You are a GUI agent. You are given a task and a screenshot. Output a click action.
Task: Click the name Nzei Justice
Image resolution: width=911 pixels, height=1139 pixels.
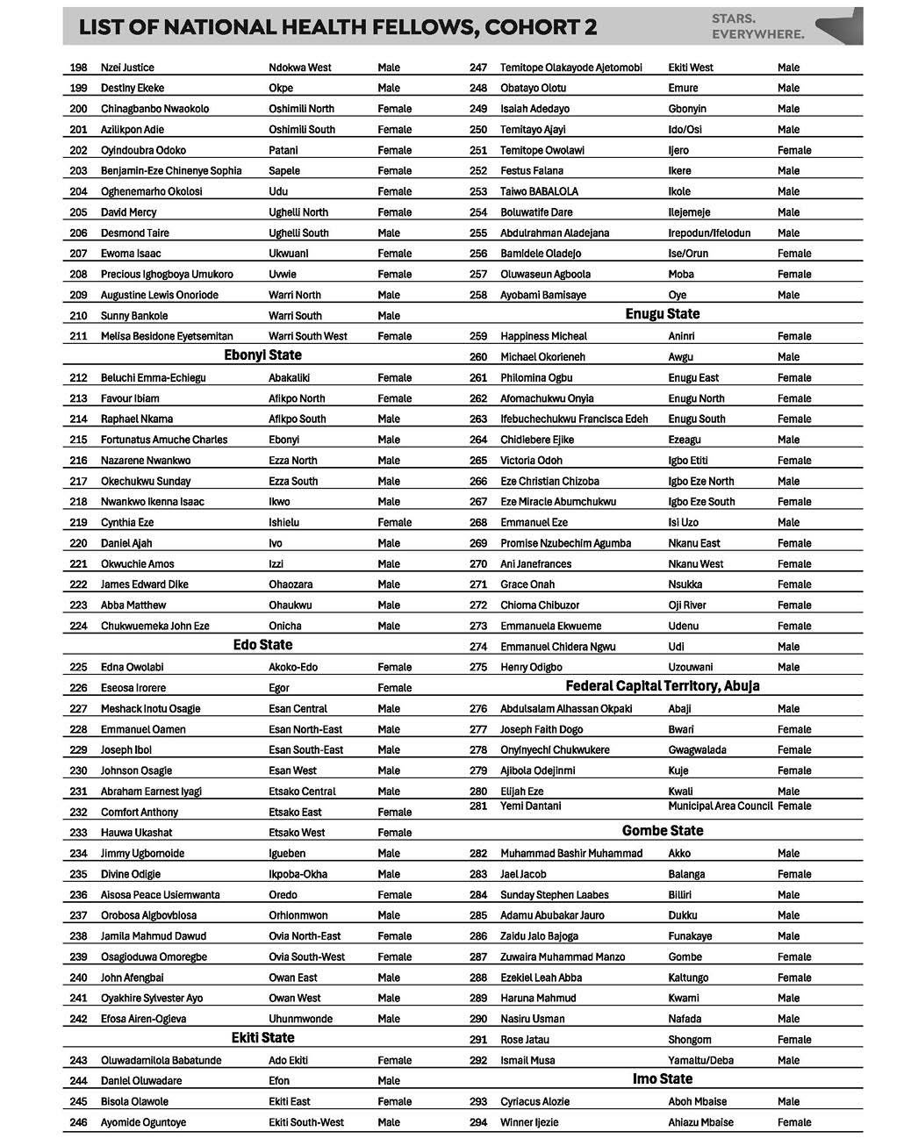[127, 68]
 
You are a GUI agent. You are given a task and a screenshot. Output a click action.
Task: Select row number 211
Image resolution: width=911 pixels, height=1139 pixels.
[78, 336]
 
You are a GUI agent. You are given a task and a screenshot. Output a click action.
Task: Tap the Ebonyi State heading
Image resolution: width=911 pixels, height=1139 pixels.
[262, 355]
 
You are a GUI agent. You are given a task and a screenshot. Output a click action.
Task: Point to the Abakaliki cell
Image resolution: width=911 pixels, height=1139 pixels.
[289, 378]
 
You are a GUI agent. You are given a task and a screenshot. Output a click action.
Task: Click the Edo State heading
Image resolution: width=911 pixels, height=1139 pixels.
[262, 645]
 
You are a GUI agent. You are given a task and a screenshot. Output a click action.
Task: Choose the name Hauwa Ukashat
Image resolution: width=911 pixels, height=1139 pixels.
[136, 833]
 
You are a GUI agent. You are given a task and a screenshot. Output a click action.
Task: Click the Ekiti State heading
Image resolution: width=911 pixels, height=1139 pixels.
[262, 1038]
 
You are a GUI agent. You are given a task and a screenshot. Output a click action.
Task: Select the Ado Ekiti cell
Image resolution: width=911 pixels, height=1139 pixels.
[289, 1060]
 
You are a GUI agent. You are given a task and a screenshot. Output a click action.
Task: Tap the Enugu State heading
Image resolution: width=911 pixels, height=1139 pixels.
[663, 314]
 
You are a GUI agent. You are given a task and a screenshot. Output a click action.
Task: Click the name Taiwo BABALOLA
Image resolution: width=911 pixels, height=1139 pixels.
[539, 191]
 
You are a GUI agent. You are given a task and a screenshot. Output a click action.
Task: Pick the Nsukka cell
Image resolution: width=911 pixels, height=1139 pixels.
[685, 584]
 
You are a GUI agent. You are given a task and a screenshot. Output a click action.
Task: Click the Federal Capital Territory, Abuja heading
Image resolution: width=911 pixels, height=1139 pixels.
[663, 686]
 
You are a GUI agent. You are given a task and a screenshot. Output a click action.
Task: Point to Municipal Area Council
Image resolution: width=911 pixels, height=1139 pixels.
[720, 806]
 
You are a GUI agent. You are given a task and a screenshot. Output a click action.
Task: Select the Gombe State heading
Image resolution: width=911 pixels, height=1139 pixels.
[663, 831]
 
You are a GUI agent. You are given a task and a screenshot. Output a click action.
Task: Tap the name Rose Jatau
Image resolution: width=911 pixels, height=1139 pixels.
[525, 1040]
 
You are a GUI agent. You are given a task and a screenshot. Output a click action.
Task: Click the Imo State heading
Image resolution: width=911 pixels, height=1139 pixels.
[663, 1079]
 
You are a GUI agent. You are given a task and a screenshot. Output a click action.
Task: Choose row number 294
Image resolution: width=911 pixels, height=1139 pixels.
[478, 1122]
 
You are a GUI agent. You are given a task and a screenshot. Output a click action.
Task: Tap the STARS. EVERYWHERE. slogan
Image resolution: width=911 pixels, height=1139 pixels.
[757, 26]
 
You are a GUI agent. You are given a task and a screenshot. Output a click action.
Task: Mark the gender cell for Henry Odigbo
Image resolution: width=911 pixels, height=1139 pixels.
[788, 667]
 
